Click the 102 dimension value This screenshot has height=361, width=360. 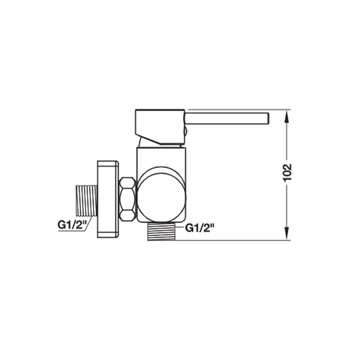coord(288,172)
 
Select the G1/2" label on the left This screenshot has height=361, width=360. coord(72,225)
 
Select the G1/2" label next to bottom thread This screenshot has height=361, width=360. coord(200,228)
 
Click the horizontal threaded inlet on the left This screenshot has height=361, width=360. coord(86,200)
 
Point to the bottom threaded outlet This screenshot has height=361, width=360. coord(162,231)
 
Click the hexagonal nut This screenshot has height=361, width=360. coord(127,199)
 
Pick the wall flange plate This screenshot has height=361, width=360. coord(108,199)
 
